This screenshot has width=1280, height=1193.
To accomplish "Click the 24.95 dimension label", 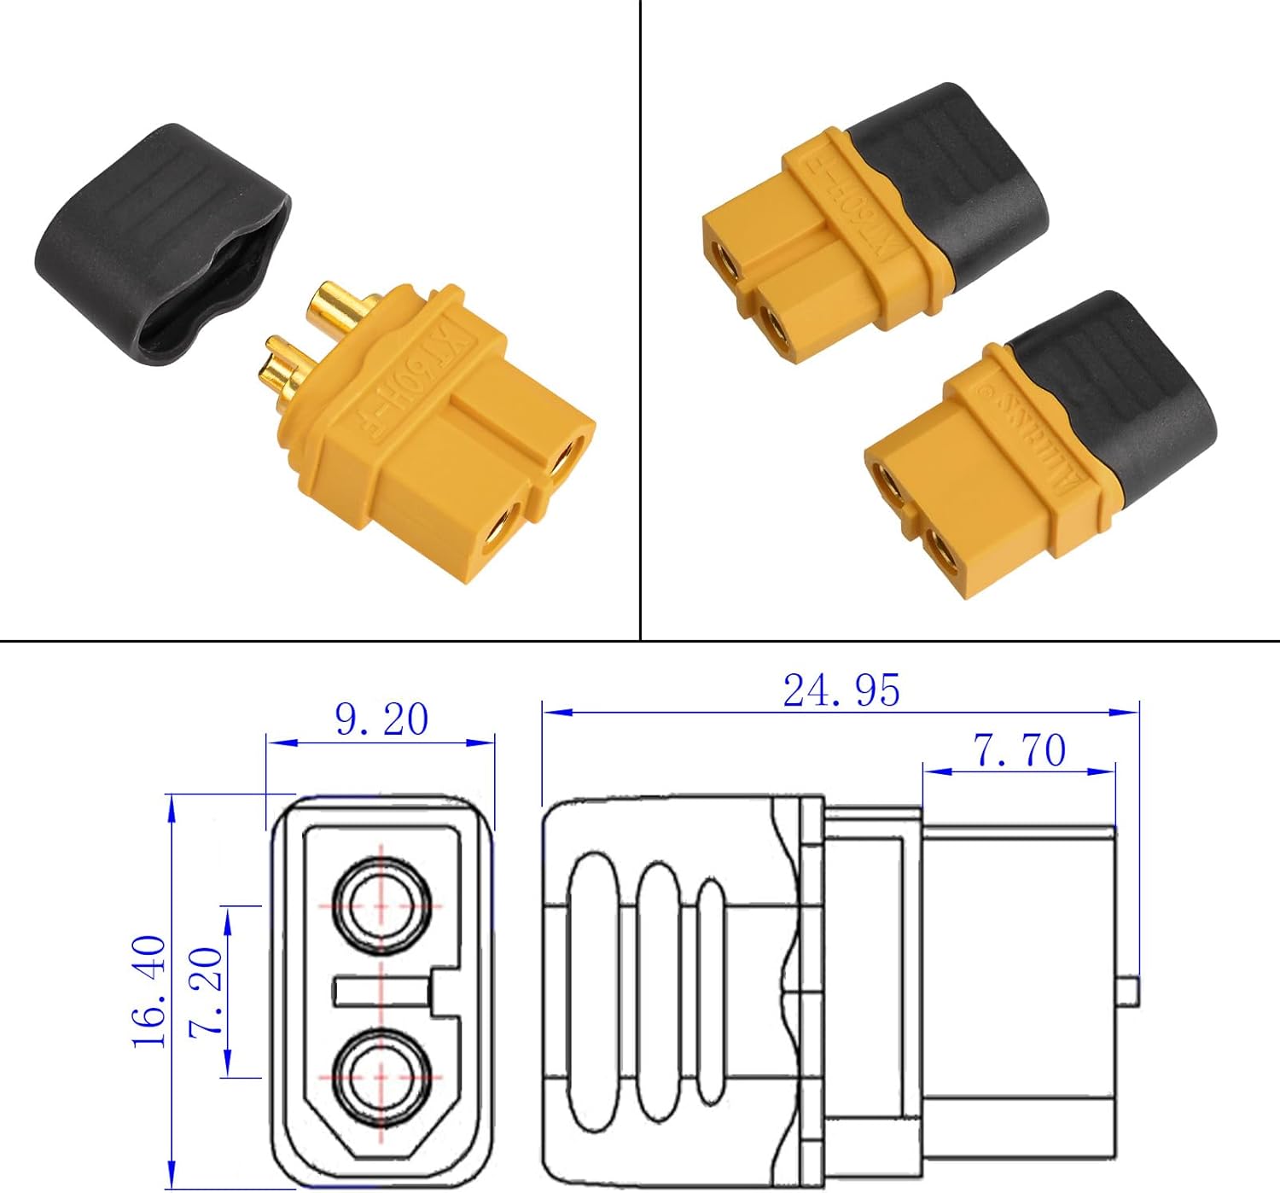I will click(x=841, y=690).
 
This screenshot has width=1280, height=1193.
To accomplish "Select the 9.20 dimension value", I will click(x=381, y=719).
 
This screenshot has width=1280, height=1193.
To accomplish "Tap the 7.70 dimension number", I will click(x=1020, y=751).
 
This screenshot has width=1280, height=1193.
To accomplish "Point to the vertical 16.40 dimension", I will click(x=149, y=991).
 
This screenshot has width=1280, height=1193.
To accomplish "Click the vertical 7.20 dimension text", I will click(x=206, y=991).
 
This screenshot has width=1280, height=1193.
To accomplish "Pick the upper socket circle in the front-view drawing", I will click(x=381, y=904).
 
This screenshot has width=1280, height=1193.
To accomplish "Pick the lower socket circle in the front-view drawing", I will click(x=381, y=1073).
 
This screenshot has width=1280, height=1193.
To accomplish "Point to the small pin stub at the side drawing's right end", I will click(x=1127, y=991).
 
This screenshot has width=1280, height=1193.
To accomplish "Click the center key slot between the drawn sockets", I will click(x=384, y=992).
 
